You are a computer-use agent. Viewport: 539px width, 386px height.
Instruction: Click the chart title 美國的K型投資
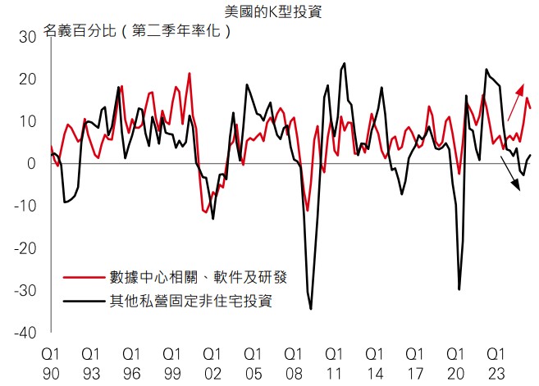click(269, 11)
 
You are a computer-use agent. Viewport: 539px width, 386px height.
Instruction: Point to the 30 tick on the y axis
click(27, 37)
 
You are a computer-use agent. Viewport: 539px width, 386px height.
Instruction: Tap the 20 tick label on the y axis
click(27, 79)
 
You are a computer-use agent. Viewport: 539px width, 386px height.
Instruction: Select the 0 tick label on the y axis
click(31, 164)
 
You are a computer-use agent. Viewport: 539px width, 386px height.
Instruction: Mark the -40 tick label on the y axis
click(25, 333)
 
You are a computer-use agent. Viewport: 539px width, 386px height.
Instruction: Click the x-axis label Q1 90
click(51, 363)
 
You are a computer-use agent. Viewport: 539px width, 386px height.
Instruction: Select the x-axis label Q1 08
click(293, 363)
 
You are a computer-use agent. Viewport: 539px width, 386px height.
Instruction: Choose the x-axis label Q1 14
click(373, 363)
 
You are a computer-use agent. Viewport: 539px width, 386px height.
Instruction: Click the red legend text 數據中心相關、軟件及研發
click(199, 277)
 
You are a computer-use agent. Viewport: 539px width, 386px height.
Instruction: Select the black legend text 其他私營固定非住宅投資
click(191, 301)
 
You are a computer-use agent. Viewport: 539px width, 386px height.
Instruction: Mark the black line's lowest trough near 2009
click(311, 308)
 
